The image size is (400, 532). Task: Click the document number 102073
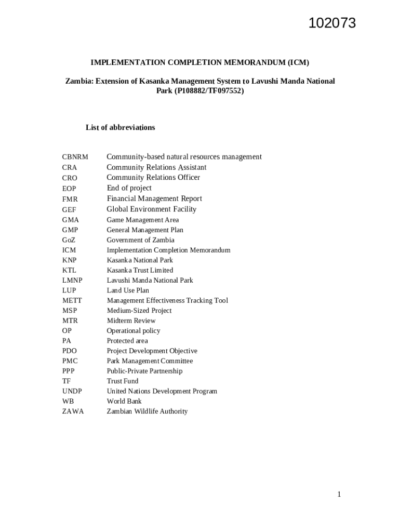332,23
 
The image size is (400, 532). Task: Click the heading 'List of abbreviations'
120,127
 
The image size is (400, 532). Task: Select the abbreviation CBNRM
75,157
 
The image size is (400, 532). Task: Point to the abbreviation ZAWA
73,411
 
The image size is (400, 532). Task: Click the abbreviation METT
72,301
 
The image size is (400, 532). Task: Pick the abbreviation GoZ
69,240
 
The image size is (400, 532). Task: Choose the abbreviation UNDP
72,391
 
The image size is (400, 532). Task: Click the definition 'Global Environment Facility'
152,209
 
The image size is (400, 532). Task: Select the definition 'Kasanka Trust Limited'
140,270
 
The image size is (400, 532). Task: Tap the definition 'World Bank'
124,401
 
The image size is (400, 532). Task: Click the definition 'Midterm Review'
131,321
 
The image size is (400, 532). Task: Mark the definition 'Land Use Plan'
128,290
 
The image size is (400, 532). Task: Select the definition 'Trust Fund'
123,381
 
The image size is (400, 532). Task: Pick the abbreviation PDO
70,351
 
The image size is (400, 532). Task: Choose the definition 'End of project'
129,188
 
